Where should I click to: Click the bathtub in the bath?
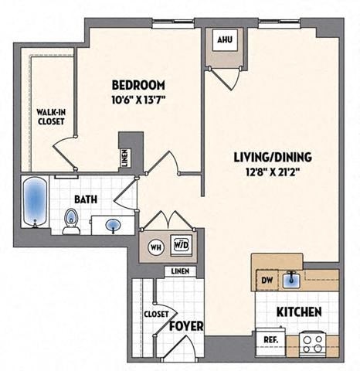coord(35,202)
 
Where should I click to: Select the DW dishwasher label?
coord(267,279)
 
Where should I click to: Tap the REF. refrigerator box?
coord(270,339)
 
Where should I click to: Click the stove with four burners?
coord(312,340)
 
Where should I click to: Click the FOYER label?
coord(186,325)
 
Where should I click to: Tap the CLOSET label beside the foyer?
coord(155,313)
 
